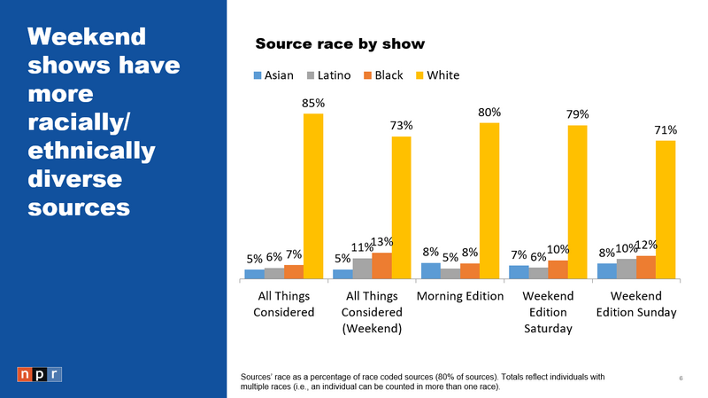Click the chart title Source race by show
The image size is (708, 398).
tap(340, 43)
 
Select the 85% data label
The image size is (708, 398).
tap(313, 103)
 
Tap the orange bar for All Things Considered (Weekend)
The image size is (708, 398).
tap(381, 265)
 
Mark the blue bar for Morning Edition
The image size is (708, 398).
tap(431, 270)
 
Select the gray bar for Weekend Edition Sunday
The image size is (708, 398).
tap(627, 268)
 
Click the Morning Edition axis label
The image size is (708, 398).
tap(459, 295)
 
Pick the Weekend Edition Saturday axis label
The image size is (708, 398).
tap(548, 312)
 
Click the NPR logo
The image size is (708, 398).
tap(40, 374)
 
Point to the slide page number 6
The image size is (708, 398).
tap(681, 378)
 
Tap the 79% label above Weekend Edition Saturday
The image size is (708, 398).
tap(578, 114)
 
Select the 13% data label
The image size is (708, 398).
tap(381, 242)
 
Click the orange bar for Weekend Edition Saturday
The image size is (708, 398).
tap(558, 269)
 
